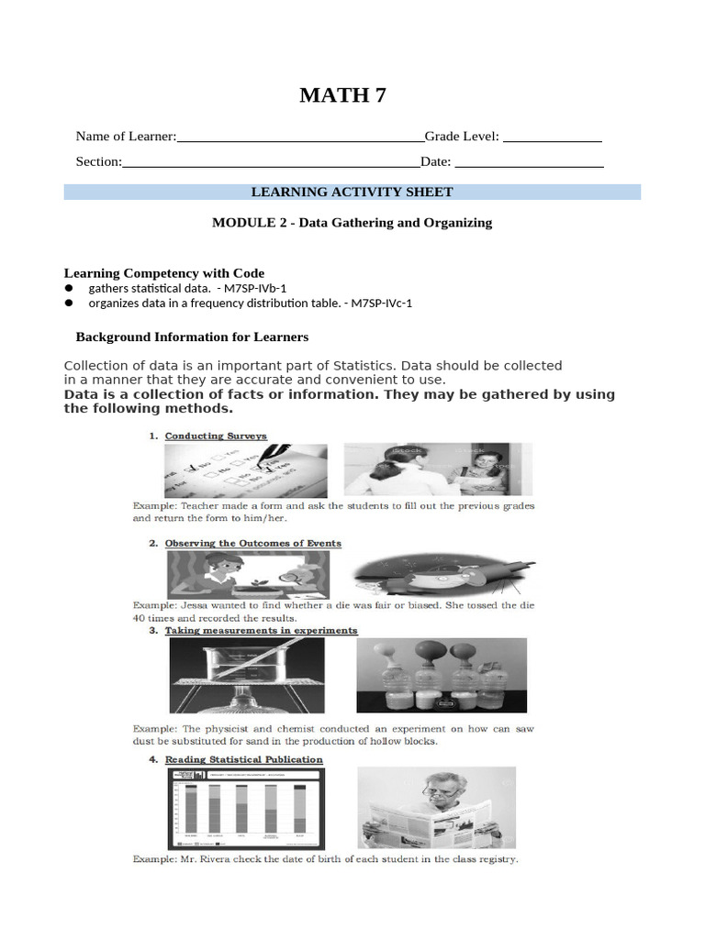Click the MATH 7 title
coord(342,95)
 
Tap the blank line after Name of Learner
coord(300,138)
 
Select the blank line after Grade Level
coord(553,138)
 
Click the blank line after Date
coord(529,163)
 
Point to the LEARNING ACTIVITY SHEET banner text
coord(352,192)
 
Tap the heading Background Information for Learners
coord(192,337)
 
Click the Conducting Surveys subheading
coord(216,436)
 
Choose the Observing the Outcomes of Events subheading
coord(252,544)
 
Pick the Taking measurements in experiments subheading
coord(261,631)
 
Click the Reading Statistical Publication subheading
coord(243,759)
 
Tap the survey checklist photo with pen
coord(245,470)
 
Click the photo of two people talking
coord(436,470)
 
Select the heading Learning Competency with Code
coord(163,273)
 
